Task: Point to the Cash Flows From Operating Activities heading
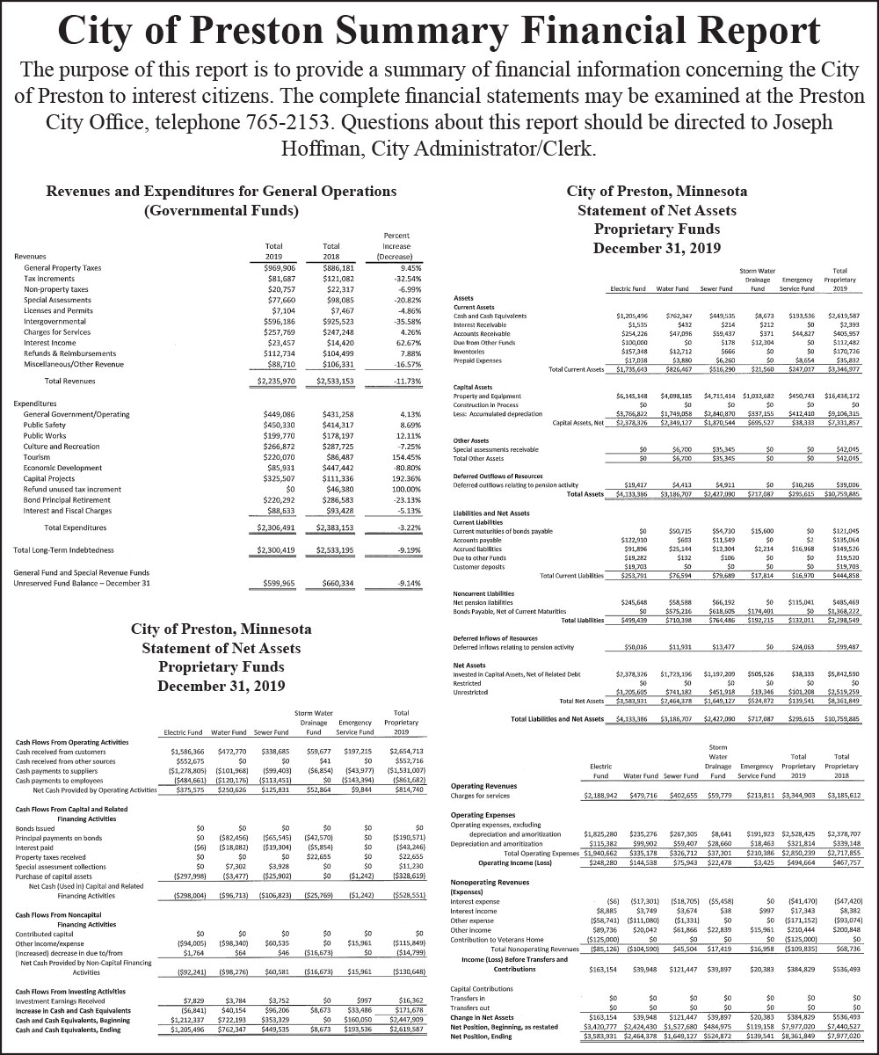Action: pos(71,740)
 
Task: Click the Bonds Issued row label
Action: pos(34,827)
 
